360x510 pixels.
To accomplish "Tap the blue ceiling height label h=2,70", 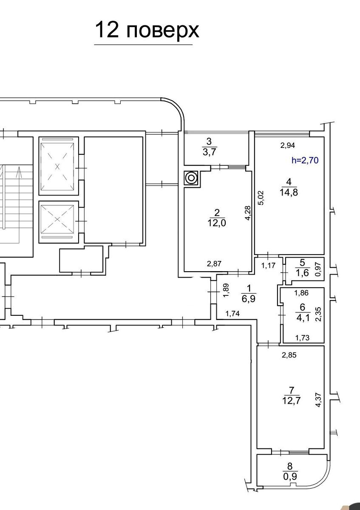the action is [x=305, y=161].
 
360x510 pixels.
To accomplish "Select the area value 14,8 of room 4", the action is [x=289, y=193].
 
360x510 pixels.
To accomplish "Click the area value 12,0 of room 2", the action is [x=216, y=223].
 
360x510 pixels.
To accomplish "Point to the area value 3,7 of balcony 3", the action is [x=209, y=152].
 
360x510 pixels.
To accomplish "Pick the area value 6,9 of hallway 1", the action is [x=249, y=299].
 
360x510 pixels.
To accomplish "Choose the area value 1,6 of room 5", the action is [x=302, y=272].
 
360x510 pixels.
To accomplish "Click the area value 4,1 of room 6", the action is [x=303, y=317].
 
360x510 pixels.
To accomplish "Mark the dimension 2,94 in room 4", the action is [x=288, y=145].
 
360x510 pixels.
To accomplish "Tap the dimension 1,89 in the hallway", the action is [x=226, y=290].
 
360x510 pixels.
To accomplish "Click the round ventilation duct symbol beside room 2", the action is [x=191, y=177].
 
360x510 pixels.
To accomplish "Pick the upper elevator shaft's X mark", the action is [x=57, y=167].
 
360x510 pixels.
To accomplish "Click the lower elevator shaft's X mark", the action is [x=57, y=219].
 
